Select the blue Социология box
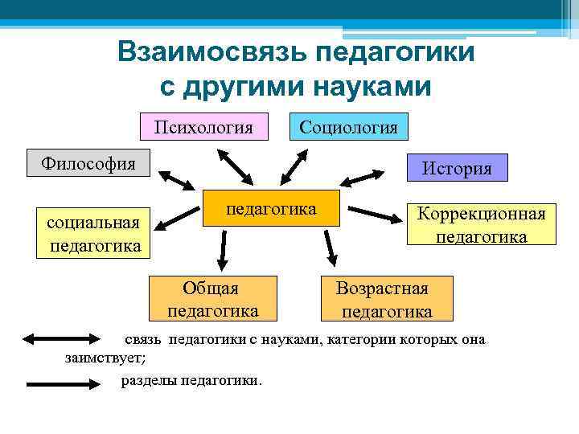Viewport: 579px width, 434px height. tap(348, 126)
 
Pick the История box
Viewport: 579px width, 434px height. tap(457, 168)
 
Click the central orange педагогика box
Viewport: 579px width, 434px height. tap(271, 209)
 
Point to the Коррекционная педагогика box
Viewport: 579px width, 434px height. tap(481, 224)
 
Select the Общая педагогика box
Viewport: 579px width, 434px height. tap(212, 299)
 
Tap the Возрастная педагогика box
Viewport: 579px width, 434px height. tap(384, 299)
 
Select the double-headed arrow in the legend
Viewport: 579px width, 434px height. tap(60, 339)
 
